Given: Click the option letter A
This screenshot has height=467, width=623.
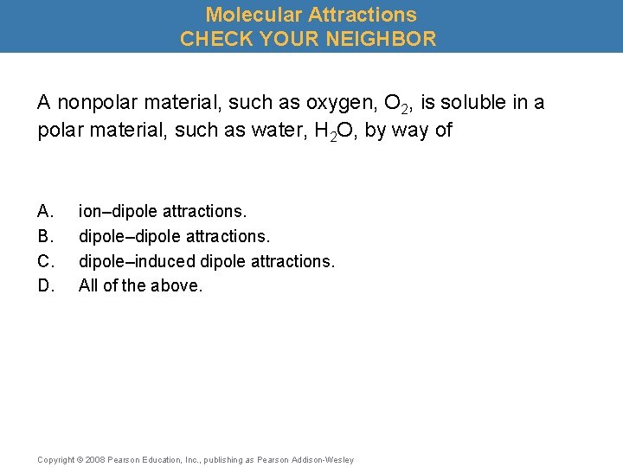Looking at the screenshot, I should (45, 210).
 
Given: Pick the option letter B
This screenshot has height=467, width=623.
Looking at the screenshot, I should (45, 235).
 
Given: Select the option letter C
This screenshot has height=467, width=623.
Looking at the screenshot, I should (45, 260).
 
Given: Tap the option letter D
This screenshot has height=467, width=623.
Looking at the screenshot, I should (45, 285).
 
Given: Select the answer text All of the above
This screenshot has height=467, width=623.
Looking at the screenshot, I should (140, 285).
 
